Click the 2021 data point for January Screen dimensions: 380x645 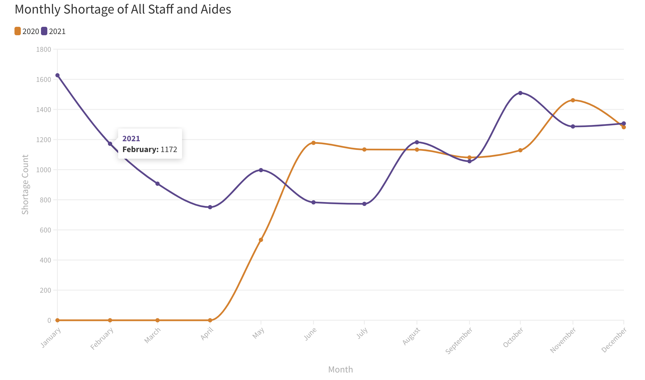click(57, 75)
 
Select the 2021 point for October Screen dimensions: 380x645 click(520, 93)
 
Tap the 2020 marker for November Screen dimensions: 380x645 click(573, 100)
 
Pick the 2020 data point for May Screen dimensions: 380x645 click(261, 240)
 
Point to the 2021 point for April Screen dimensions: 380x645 click(210, 207)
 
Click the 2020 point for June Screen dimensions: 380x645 click(313, 143)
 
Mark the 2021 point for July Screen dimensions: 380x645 click(364, 204)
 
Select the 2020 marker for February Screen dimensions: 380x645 click(110, 320)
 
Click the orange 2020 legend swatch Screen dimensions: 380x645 click(18, 31)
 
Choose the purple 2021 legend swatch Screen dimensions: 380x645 click(44, 31)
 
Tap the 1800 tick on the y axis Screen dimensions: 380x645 click(43, 49)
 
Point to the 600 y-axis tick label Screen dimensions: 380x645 click(45, 230)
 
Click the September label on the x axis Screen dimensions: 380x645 click(459, 341)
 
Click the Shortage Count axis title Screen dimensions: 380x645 click(25, 184)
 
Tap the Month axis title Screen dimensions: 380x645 click(340, 369)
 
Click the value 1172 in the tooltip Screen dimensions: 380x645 click(169, 150)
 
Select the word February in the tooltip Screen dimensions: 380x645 click(140, 150)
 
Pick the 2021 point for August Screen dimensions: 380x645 click(417, 142)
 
